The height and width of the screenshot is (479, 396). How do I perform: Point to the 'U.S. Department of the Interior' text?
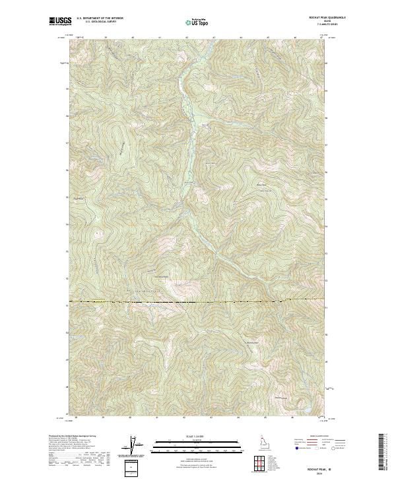click(100, 18)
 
